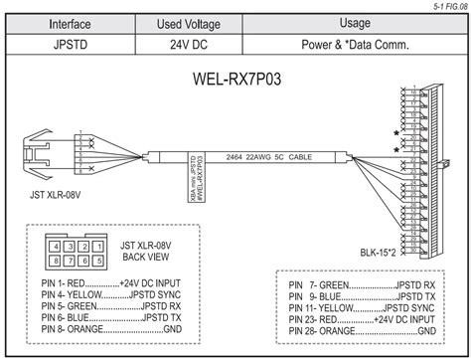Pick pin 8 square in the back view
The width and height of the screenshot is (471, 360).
click(58, 262)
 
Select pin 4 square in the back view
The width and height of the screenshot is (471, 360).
click(58, 246)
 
